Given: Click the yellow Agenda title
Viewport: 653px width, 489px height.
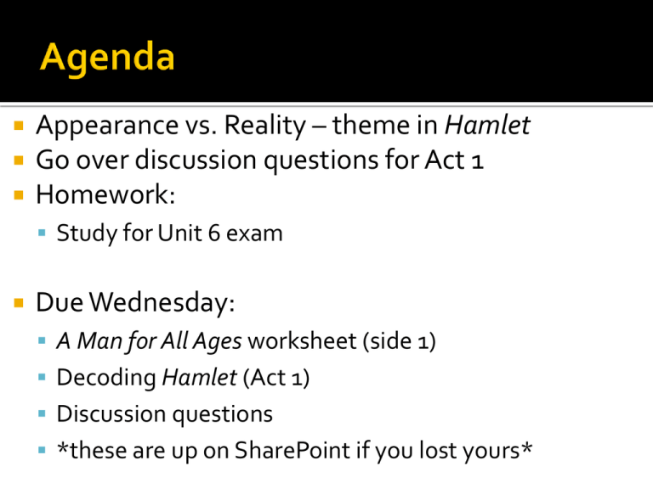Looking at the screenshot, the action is pyautogui.click(x=107, y=59).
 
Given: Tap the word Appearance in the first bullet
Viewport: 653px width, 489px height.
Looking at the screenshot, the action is pyautogui.click(x=107, y=126).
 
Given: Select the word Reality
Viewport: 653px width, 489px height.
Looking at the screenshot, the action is pyautogui.click(x=265, y=126).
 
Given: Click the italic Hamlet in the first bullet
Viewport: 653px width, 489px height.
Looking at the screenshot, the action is pyautogui.click(x=488, y=125).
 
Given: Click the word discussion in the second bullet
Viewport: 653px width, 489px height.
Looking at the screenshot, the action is pyautogui.click(x=196, y=160).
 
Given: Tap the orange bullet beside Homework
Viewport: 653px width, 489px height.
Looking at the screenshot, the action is pyautogui.click(x=19, y=194).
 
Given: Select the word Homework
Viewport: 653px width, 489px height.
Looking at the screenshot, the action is pyautogui.click(x=105, y=194).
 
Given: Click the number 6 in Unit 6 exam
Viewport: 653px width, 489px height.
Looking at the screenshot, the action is pyautogui.click(x=214, y=233).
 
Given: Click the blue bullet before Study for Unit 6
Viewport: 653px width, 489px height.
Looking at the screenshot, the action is pyautogui.click(x=42, y=233).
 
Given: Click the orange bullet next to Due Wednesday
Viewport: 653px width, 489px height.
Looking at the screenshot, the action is pyautogui.click(x=19, y=302).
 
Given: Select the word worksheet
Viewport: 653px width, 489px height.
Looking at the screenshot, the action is pyautogui.click(x=303, y=341).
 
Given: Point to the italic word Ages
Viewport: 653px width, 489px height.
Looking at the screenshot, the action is pyautogui.click(x=217, y=342).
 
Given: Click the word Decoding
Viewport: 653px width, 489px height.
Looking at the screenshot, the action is pyautogui.click(x=106, y=379).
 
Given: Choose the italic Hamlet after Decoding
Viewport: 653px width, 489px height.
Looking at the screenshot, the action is pyautogui.click(x=200, y=378).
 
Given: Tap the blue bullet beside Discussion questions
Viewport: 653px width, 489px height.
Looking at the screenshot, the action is pyautogui.click(x=42, y=413).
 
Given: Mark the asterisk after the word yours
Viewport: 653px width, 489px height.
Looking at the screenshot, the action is pyautogui.click(x=527, y=447).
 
